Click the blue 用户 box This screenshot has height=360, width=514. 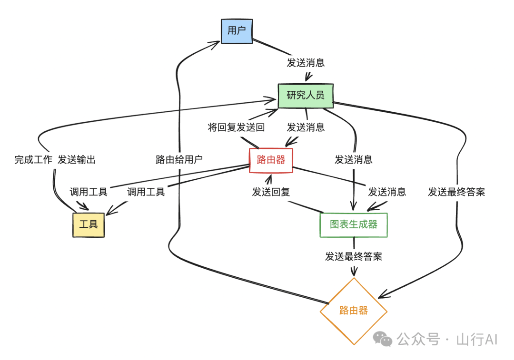pyautogui.click(x=237, y=31)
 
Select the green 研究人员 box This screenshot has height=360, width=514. pyautogui.click(x=306, y=96)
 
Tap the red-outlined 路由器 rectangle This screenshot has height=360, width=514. pyautogui.click(x=271, y=160)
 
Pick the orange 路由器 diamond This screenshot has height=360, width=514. pyautogui.click(x=353, y=311)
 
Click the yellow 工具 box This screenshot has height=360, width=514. pyautogui.click(x=88, y=224)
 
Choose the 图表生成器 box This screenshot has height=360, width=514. pyautogui.click(x=354, y=224)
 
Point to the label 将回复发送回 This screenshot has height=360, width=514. pyautogui.click(x=236, y=127)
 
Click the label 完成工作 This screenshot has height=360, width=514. pyautogui.click(x=33, y=160)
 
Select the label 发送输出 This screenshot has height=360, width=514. pyautogui.click(x=77, y=160)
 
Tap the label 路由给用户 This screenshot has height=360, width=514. pyautogui.click(x=179, y=160)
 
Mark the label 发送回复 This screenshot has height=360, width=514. pyautogui.click(x=271, y=192)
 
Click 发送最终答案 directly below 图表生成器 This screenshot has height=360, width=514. pyautogui.click(x=354, y=257)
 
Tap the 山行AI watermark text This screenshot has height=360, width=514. pyautogui.click(x=476, y=340)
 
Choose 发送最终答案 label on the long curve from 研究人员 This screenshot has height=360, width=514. pyautogui.click(x=456, y=192)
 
